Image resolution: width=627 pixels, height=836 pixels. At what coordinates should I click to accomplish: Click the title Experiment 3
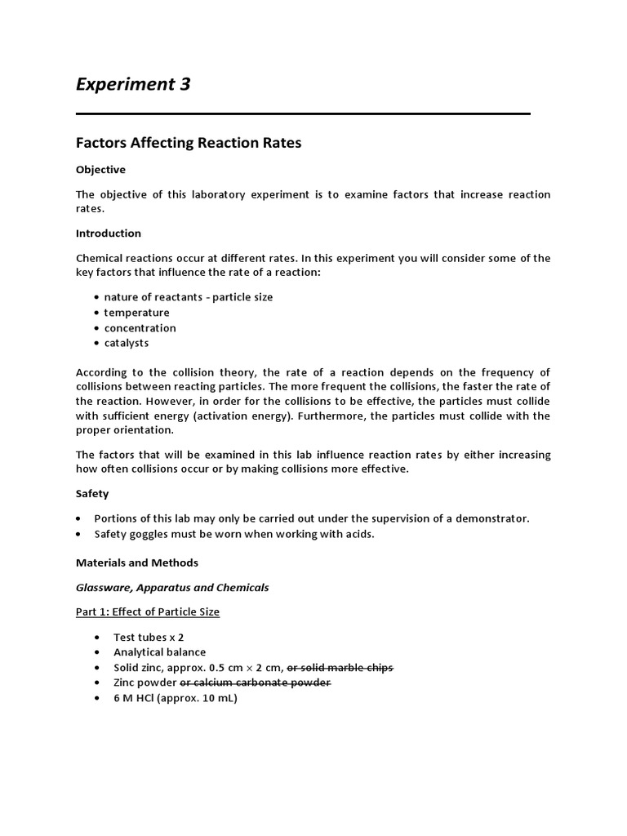(x=133, y=84)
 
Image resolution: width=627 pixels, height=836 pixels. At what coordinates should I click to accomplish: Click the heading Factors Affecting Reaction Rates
(x=189, y=143)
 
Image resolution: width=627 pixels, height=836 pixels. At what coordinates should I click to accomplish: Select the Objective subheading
(x=100, y=170)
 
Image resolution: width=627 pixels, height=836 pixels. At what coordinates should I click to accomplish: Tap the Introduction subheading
(x=109, y=233)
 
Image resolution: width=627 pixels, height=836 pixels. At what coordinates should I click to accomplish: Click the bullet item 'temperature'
(x=136, y=313)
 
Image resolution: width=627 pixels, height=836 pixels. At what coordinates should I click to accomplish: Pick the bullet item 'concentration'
(x=140, y=328)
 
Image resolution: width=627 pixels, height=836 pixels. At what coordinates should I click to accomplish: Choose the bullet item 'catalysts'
(x=127, y=343)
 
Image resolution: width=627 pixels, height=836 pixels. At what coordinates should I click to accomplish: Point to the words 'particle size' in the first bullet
(x=242, y=297)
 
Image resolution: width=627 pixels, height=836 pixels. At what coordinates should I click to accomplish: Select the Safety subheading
(x=92, y=494)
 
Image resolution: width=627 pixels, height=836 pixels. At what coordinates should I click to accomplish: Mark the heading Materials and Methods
(x=137, y=563)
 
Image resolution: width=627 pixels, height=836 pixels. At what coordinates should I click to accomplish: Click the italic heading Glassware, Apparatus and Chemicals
(x=172, y=587)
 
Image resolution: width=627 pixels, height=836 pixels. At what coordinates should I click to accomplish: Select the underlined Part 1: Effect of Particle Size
(x=148, y=612)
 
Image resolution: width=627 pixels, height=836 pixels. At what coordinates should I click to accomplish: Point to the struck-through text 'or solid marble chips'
(x=340, y=668)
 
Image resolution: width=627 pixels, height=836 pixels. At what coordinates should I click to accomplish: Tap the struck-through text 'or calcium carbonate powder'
(x=256, y=683)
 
